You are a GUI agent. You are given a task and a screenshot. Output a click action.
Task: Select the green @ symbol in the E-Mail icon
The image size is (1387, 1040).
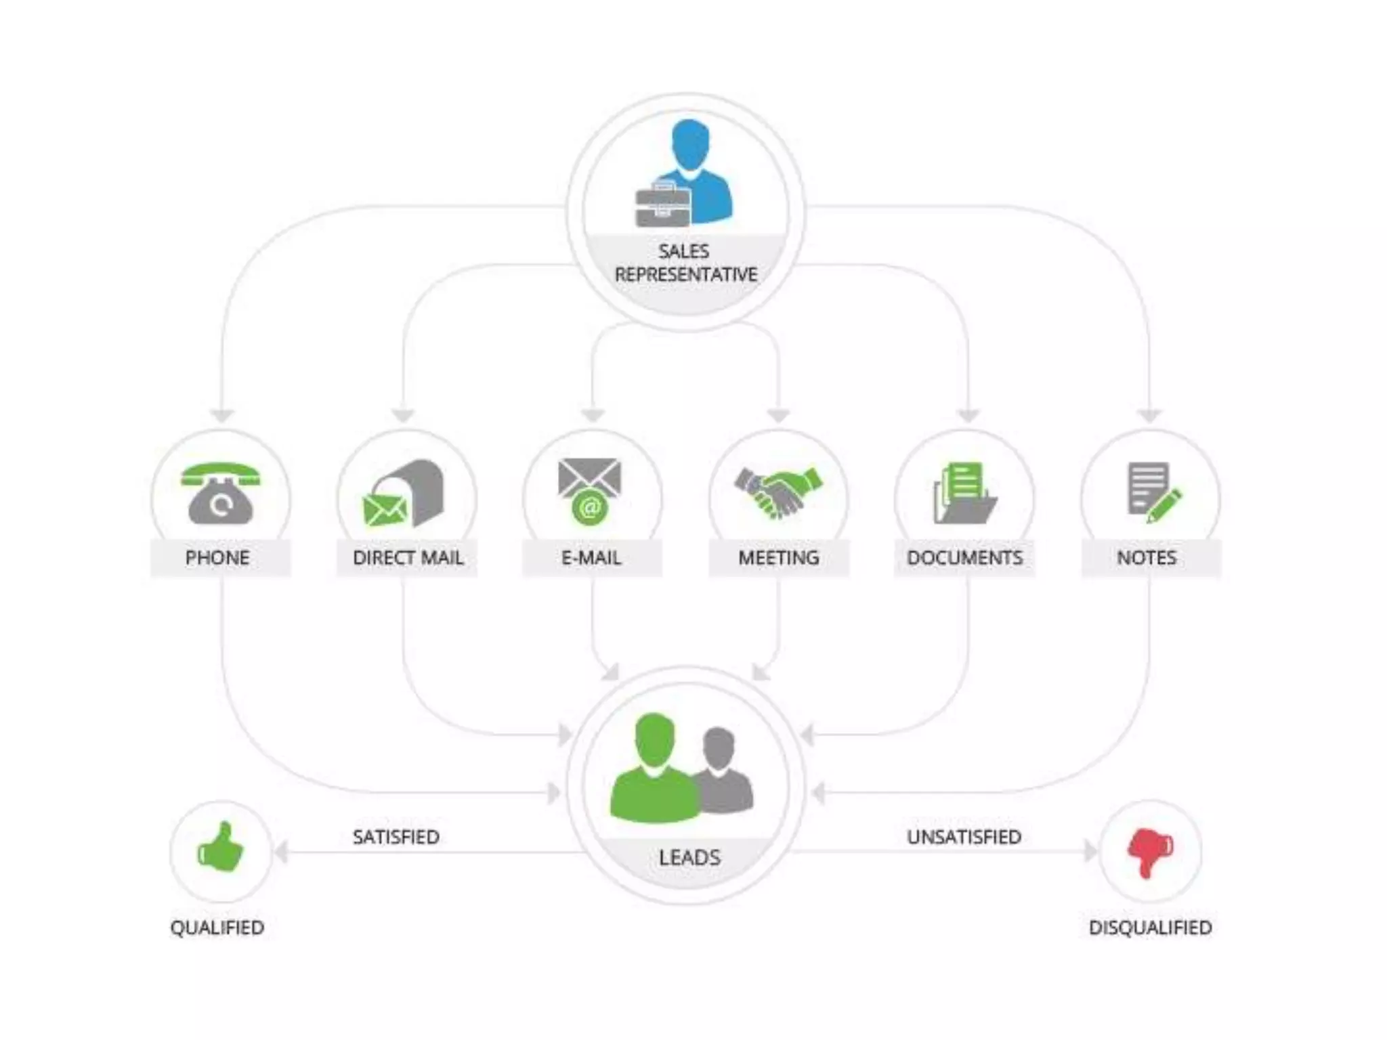590,507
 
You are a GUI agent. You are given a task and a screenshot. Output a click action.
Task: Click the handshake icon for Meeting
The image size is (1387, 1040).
778,492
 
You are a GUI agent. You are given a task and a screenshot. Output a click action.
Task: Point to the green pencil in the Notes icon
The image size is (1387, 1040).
1165,505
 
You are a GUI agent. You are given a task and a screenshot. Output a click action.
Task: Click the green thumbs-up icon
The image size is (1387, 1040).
221,848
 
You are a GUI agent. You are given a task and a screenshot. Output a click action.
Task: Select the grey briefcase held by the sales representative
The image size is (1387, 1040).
662,204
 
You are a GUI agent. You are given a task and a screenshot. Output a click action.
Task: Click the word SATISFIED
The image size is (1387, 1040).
396,838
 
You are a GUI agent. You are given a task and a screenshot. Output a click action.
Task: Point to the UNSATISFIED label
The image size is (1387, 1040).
964,838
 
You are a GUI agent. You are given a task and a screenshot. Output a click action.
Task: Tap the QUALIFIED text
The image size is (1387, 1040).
217,928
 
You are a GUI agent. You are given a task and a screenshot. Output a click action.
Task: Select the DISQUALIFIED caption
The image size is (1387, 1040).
1150,928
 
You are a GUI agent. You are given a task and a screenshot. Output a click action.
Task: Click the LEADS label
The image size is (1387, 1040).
689,858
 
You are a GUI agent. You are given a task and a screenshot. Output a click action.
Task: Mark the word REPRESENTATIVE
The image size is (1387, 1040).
685,275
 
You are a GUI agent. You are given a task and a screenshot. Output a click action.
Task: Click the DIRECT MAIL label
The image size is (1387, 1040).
408,558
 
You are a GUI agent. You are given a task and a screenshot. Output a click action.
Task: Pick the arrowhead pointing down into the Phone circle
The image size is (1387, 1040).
222,414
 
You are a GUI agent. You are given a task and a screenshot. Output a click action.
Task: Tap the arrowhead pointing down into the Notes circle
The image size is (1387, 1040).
1149,414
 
